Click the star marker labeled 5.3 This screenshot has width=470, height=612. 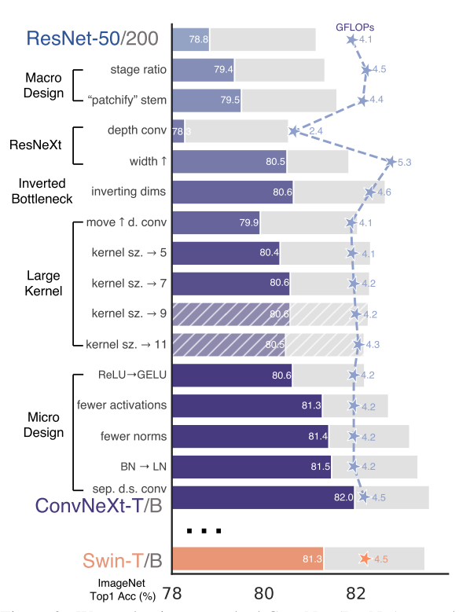(x=391, y=162)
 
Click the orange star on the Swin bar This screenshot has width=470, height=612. (x=365, y=559)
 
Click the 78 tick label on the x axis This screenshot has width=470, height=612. (x=171, y=591)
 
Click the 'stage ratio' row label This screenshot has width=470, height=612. (x=138, y=69)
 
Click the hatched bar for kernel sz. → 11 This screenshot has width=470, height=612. (x=228, y=344)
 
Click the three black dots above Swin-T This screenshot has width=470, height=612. (x=204, y=531)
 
